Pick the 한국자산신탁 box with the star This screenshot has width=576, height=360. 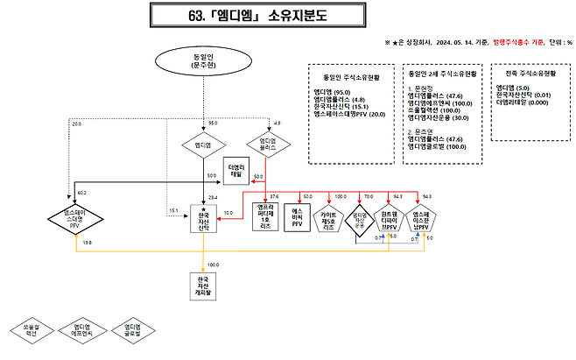click(x=203, y=220)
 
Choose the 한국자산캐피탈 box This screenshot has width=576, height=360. click(x=203, y=284)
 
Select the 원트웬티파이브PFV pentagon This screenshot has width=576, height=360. click(x=390, y=219)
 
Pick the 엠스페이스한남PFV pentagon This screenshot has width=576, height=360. click(x=420, y=219)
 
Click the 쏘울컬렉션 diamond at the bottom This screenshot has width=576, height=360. click(x=25, y=330)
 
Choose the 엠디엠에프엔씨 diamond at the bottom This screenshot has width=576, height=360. click(x=81, y=330)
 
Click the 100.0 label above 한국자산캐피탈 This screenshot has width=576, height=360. click(x=213, y=264)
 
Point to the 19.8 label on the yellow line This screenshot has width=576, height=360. click(x=87, y=243)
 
